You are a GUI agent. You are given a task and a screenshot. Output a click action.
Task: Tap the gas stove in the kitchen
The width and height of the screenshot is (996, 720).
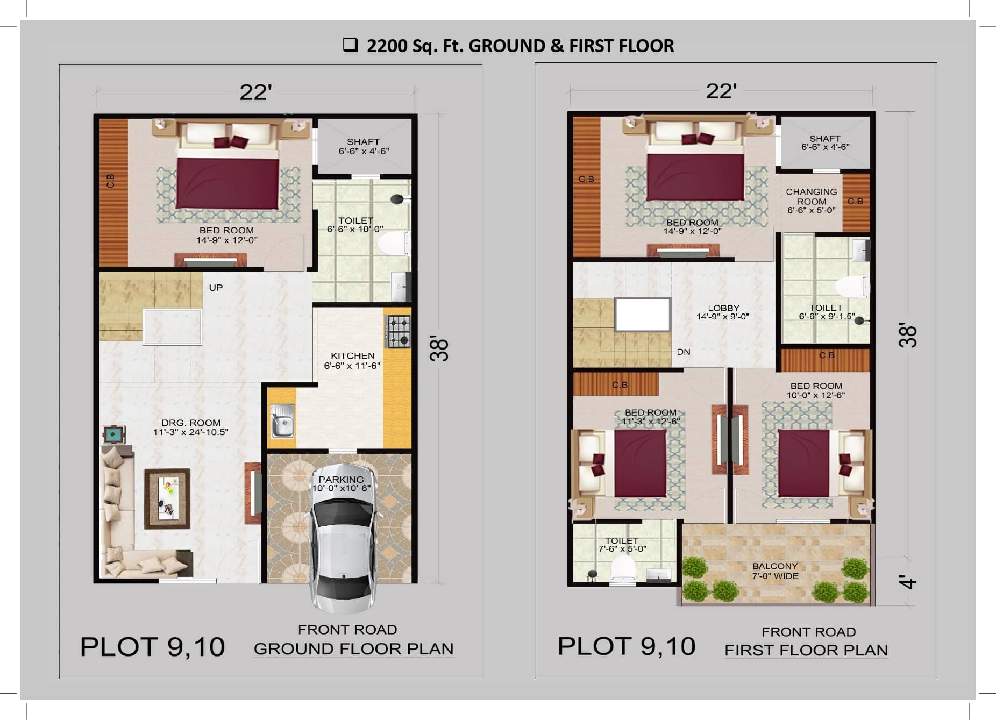(x=399, y=332)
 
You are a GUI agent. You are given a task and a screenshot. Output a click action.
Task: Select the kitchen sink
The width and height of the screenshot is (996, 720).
(x=282, y=421)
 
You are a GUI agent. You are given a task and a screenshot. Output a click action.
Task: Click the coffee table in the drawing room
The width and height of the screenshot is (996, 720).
(x=167, y=498)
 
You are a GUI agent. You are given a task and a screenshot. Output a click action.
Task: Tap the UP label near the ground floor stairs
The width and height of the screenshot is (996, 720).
(x=216, y=288)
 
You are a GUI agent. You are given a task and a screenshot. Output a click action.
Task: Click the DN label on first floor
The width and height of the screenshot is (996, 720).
(x=683, y=352)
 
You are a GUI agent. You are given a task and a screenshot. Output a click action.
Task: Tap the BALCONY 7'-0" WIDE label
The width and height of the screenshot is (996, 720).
(x=775, y=571)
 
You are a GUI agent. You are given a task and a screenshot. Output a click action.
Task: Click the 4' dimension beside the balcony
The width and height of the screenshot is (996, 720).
(x=908, y=582)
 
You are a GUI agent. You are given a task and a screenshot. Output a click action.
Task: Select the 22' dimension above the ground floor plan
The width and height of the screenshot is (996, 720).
(x=255, y=92)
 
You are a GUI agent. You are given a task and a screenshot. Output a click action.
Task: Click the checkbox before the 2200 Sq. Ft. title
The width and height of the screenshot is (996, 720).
(x=351, y=45)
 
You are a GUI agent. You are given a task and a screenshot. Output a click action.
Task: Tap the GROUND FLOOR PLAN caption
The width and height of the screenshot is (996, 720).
(x=353, y=648)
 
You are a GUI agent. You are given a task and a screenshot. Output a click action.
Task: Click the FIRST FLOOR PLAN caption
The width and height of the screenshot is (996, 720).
(x=806, y=650)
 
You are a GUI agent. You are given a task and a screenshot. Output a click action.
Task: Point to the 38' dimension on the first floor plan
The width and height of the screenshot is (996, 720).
(x=908, y=336)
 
